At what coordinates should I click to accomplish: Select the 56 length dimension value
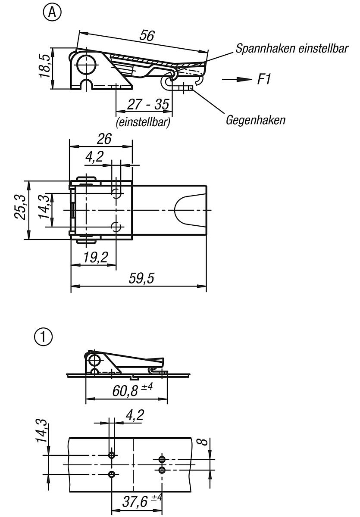click(147, 36)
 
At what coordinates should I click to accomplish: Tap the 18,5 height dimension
click(44, 66)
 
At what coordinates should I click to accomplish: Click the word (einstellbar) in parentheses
click(143, 122)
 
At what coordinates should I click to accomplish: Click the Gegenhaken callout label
click(255, 120)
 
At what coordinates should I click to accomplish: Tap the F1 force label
click(264, 79)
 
